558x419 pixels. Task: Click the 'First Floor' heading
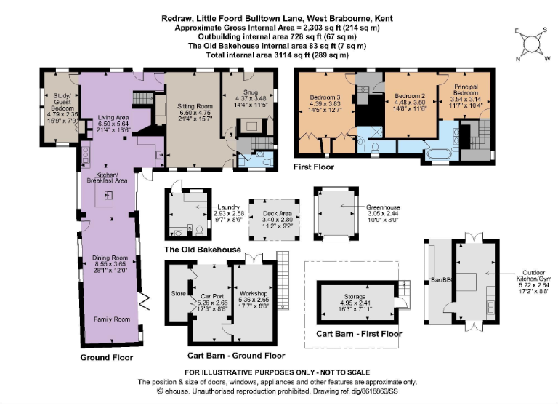pos(314,167)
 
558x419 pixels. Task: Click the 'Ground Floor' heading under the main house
pos(106,358)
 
